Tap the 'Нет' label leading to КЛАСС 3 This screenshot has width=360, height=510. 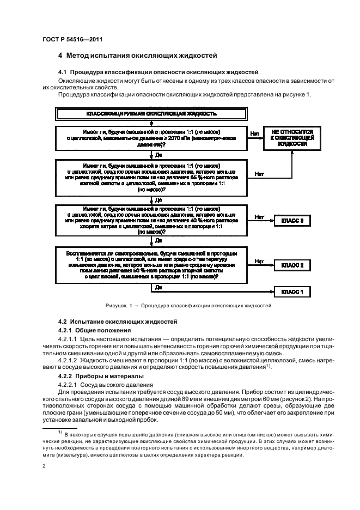coord(259,216)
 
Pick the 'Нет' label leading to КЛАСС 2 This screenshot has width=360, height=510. coord(259,262)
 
